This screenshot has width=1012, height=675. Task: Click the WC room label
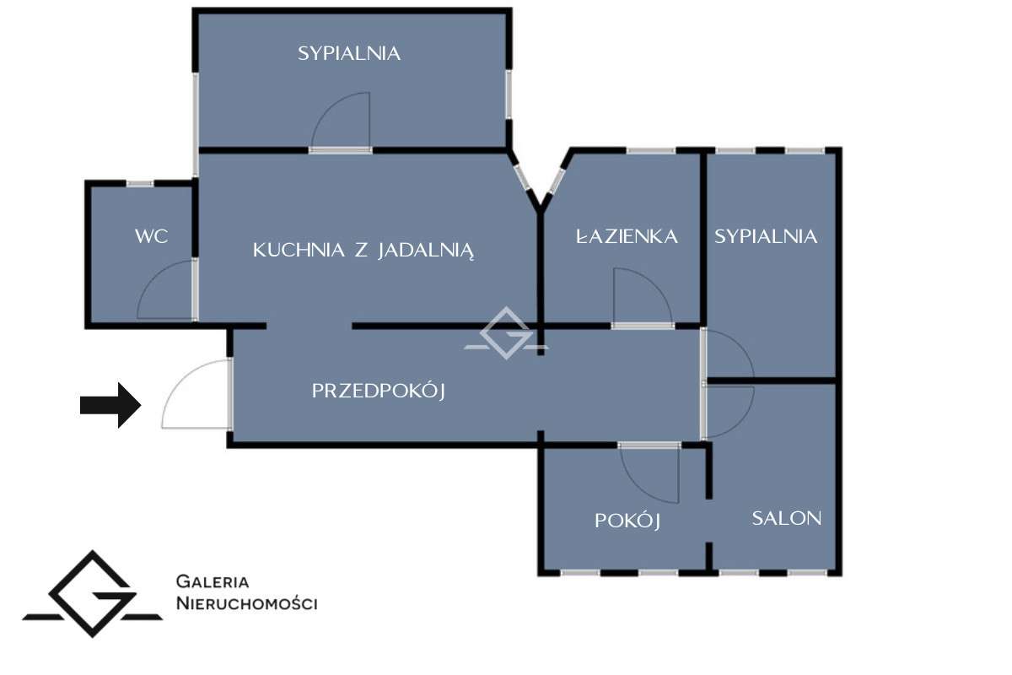(151, 236)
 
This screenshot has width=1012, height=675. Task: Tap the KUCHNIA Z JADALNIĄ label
(363, 251)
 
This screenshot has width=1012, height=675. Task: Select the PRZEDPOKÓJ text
(378, 391)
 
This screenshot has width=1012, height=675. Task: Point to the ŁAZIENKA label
(627, 236)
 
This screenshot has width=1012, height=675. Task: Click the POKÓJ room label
(627, 521)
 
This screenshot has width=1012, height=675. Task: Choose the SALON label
(786, 518)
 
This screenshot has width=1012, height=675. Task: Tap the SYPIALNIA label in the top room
(348, 53)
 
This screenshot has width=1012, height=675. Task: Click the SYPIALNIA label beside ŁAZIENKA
(766, 236)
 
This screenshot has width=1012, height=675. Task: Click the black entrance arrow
(110, 406)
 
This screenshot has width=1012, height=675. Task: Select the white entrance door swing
(192, 395)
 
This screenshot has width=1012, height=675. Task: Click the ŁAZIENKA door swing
(641, 297)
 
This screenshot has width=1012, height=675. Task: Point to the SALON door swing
(729, 412)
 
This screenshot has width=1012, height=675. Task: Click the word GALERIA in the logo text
(212, 581)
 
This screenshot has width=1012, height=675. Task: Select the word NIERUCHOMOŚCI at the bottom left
(246, 603)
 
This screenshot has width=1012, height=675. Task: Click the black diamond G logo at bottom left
(92, 594)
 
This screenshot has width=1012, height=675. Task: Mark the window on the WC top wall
(140, 183)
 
